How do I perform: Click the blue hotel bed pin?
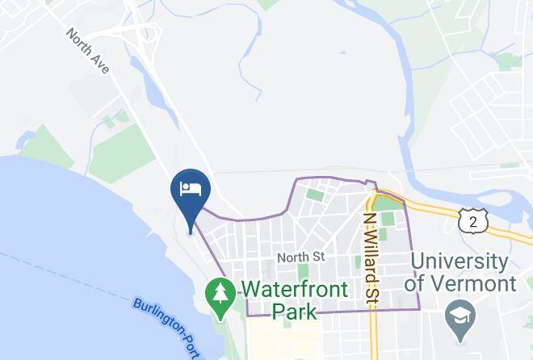click(191, 195)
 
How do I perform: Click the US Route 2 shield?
click(472, 220)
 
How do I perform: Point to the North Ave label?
click(89, 52)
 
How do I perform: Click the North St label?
click(300, 257)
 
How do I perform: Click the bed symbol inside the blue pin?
click(191, 190)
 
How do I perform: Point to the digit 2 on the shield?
click(472, 220)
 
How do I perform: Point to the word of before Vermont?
click(415, 283)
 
